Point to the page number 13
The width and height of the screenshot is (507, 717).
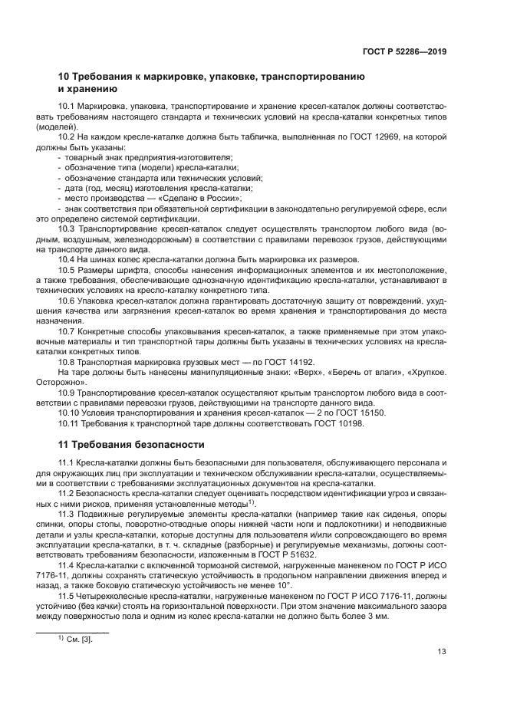442,652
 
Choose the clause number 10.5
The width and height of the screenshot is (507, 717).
67,271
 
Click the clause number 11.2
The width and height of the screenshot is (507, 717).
67,493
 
